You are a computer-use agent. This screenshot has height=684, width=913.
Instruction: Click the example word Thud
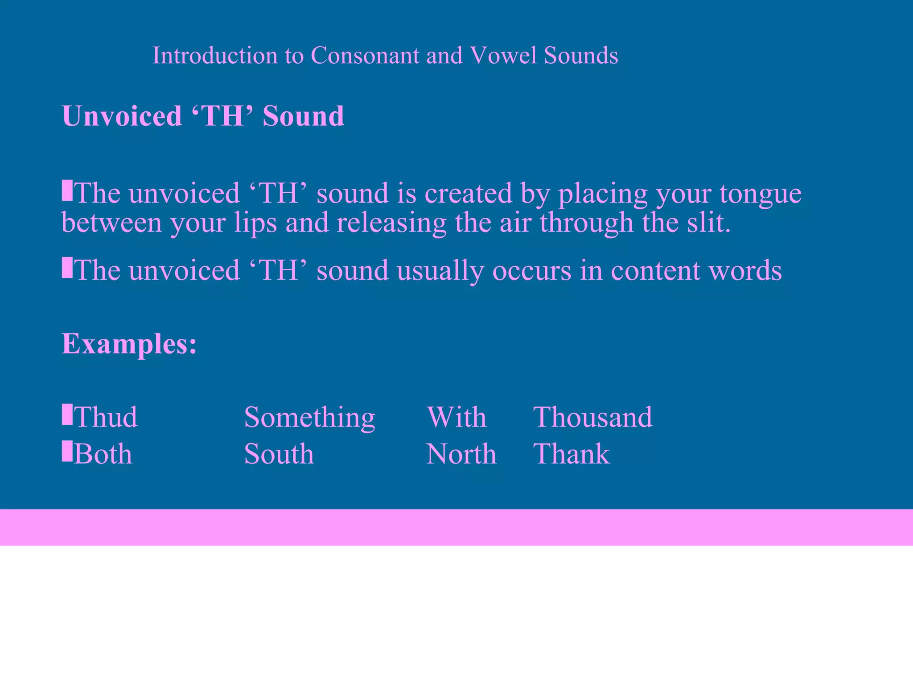(x=106, y=417)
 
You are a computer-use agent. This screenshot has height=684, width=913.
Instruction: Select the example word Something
(x=309, y=418)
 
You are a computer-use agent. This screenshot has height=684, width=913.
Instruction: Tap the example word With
(x=456, y=417)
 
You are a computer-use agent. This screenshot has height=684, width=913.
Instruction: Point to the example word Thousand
(x=592, y=417)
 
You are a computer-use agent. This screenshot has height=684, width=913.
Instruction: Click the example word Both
(x=103, y=454)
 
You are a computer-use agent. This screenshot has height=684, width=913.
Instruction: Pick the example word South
(x=279, y=454)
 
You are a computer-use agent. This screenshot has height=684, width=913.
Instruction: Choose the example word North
(x=461, y=454)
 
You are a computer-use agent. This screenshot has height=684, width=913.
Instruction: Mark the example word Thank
(x=572, y=454)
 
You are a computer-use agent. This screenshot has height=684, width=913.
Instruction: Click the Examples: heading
(x=129, y=344)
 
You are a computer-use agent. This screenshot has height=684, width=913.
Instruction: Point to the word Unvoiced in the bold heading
(x=122, y=116)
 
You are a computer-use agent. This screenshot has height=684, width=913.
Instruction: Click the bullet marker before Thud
(x=67, y=414)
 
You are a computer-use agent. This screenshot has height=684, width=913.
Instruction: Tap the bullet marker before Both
(x=67, y=451)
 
